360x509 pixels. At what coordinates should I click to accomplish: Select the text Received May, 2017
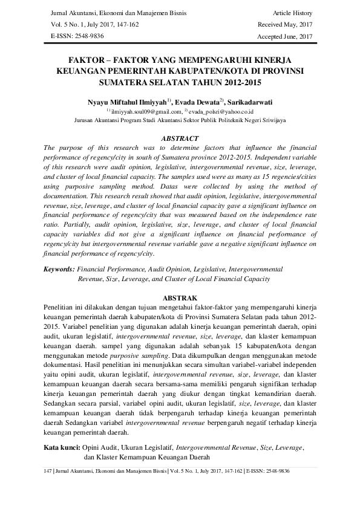pyautogui.click(x=284, y=24)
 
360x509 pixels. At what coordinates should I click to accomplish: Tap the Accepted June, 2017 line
pyautogui.click(x=284, y=36)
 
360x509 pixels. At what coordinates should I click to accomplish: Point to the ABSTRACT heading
pyautogui.click(x=180, y=138)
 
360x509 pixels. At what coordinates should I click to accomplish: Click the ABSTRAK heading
pyautogui.click(x=180, y=299)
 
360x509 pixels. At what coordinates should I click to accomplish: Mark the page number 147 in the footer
pyautogui.click(x=50, y=470)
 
